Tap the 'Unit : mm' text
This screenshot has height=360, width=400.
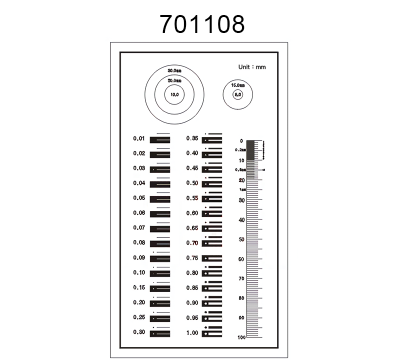[x=252, y=67]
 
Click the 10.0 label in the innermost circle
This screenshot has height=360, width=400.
[x=174, y=94]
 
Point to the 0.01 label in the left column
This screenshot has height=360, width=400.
[x=140, y=139]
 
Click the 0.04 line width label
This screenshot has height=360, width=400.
[x=140, y=183]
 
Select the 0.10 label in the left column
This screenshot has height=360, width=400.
[x=140, y=272]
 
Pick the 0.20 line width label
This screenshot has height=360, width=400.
[x=140, y=302]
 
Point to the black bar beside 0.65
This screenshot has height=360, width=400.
[x=213, y=229]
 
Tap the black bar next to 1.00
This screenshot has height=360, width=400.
[x=213, y=332]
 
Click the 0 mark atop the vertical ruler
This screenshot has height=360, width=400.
[x=242, y=141]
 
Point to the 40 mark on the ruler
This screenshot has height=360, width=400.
[x=241, y=220]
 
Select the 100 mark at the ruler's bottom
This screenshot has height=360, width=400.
[x=240, y=338]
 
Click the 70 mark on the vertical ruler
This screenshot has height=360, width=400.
[x=241, y=279]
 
